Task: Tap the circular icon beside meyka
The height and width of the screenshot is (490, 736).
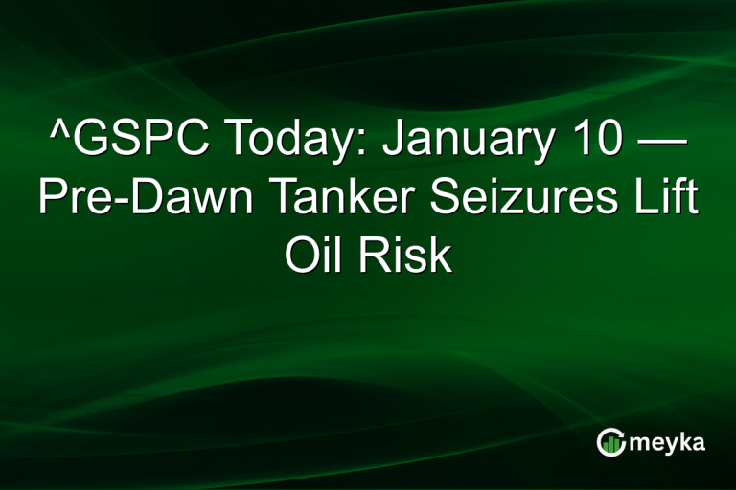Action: tap(611, 442)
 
